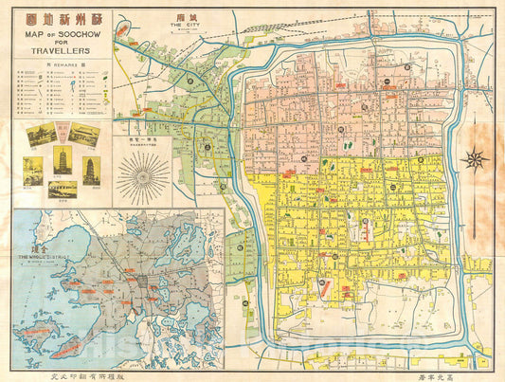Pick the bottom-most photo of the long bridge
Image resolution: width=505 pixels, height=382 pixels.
click(63, 190)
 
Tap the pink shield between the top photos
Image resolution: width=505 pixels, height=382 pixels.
click(63, 133)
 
